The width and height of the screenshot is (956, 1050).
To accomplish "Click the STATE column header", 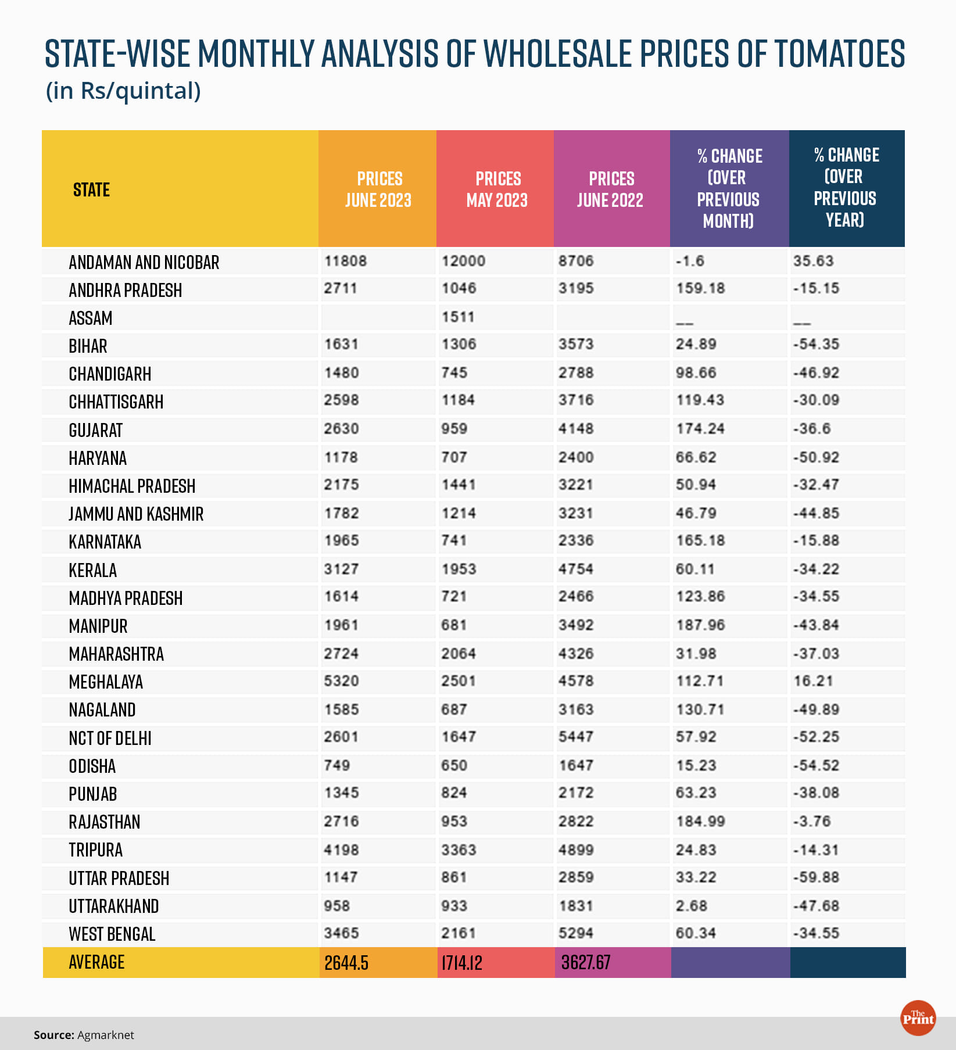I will (91, 189).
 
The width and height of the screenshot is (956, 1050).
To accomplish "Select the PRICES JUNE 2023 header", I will (378, 189).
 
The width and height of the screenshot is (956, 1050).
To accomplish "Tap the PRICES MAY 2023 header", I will (497, 189).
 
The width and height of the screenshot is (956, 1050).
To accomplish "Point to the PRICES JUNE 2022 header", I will (610, 189).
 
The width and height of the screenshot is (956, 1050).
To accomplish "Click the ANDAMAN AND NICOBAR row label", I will (144, 262).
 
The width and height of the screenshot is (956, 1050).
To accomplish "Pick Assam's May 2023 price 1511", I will (458, 317).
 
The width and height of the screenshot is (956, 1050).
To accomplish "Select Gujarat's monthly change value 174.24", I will (700, 429).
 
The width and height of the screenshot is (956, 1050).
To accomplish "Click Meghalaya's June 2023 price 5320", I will (341, 681).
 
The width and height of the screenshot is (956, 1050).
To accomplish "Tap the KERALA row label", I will (93, 570).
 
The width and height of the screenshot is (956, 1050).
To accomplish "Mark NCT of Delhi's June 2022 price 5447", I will (576, 737).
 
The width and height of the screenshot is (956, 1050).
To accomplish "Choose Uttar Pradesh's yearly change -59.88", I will (817, 877).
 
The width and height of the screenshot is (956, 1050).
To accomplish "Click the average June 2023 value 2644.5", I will (346, 963).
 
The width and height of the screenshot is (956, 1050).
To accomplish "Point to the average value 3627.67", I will (586, 963).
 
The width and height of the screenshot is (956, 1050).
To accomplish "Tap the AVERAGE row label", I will (96, 962).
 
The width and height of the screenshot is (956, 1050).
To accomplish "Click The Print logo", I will (918, 1017).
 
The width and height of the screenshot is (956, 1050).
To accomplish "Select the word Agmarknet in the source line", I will (105, 1035).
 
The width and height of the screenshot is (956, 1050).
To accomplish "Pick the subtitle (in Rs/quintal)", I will (123, 91).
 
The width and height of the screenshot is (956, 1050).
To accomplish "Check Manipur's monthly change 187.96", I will (700, 625).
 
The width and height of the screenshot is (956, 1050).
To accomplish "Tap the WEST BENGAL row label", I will (112, 934).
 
